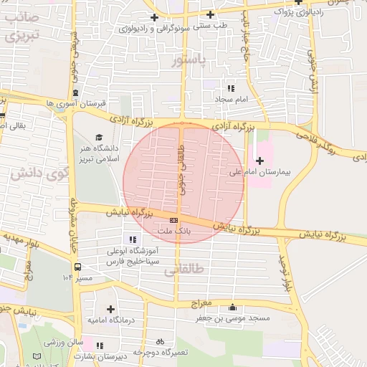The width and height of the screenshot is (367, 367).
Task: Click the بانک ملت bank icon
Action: (174, 220)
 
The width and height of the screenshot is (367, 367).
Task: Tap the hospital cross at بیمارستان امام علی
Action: (259, 161)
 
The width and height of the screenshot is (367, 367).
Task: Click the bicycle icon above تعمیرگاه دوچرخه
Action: (160, 342)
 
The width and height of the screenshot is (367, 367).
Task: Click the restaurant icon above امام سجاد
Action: (230, 87)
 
